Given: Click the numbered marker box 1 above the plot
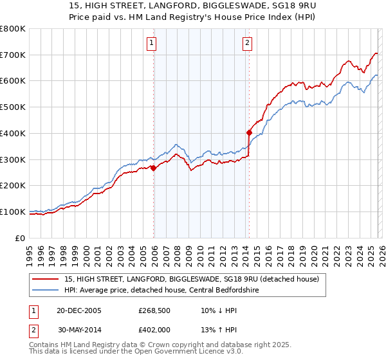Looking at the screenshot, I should click(152, 44).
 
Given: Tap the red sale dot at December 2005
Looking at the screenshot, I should click(153, 168).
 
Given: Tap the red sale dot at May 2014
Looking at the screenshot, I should click(249, 133).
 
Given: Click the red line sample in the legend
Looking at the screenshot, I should click(46, 278).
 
